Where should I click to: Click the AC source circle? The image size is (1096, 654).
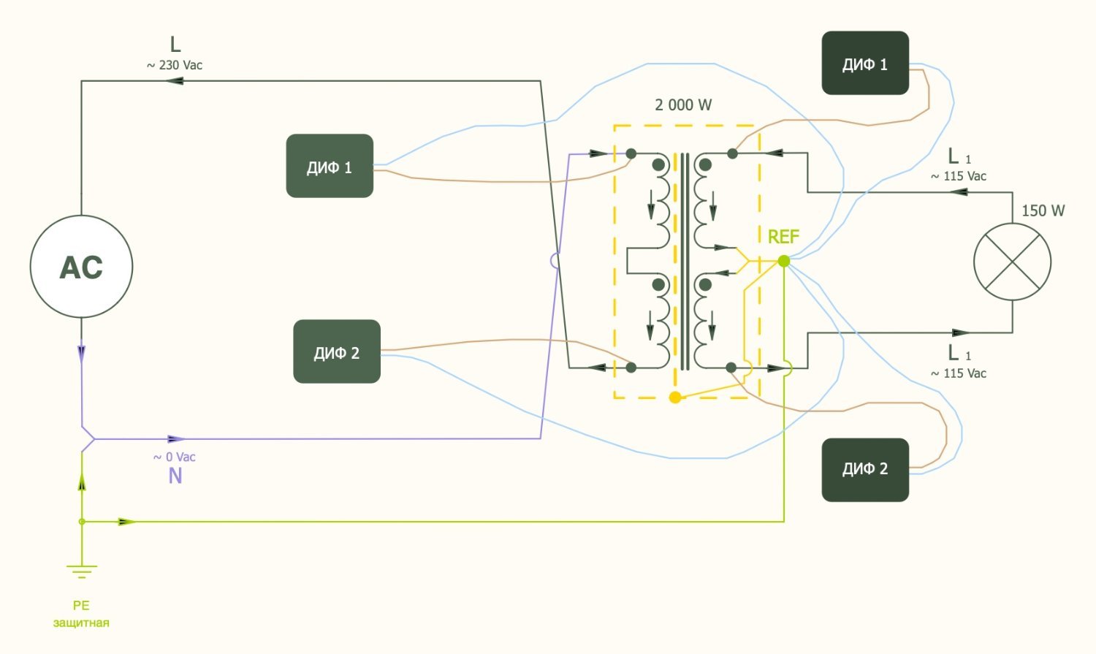[x=81, y=267]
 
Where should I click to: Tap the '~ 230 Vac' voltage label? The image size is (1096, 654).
[x=175, y=65]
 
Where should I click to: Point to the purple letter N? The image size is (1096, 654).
[x=175, y=476]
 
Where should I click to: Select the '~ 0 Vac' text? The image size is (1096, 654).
[x=175, y=457]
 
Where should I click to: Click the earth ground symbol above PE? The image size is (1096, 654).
[x=81, y=571]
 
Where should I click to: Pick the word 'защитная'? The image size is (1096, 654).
[x=81, y=623]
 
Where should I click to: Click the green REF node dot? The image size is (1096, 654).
[x=784, y=261]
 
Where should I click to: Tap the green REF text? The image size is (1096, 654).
[x=783, y=237]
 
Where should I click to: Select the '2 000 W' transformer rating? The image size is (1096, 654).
[x=683, y=105]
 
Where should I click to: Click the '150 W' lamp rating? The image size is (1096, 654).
[x=1043, y=211]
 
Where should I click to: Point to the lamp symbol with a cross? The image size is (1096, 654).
[x=1013, y=262]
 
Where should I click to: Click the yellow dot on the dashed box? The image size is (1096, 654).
[x=675, y=398]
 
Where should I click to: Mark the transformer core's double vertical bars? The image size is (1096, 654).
[x=684, y=262]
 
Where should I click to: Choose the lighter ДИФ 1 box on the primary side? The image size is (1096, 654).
[x=330, y=166]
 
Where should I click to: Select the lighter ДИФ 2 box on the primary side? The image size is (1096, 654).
[x=337, y=351]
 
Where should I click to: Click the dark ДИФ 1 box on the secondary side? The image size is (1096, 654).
[x=865, y=63]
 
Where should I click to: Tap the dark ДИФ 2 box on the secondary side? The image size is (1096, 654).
[x=865, y=470]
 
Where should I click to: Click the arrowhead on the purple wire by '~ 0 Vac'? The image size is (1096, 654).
[x=176, y=439]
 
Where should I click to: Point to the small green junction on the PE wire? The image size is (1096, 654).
[x=82, y=522]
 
